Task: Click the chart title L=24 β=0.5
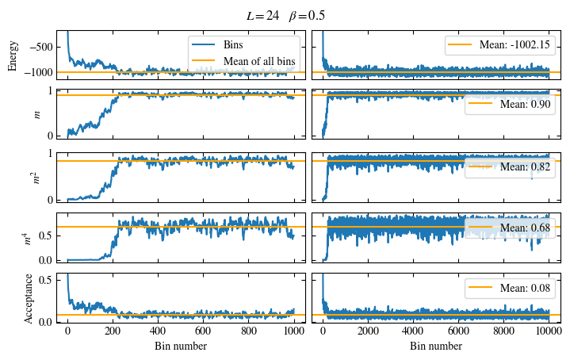pyautogui.click(x=285, y=15)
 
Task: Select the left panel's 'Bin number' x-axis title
pyautogui.click(x=181, y=347)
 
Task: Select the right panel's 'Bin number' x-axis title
pyautogui.click(x=436, y=347)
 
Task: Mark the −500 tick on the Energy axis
pyautogui.click(x=40, y=47)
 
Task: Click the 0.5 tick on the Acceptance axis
pyautogui.click(x=45, y=279)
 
